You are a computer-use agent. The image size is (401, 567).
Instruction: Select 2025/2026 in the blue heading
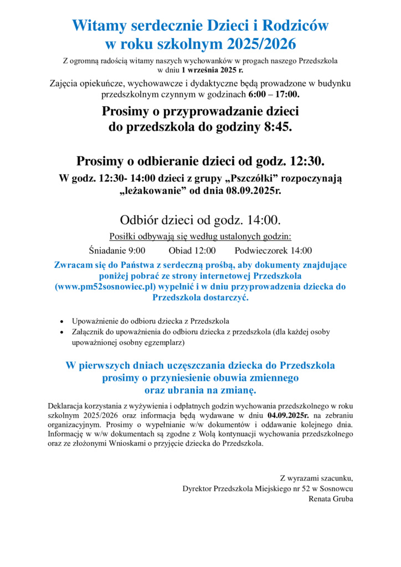[x=258, y=44]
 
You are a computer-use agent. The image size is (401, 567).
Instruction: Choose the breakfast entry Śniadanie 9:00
[x=117, y=250]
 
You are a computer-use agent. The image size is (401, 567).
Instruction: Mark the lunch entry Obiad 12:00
[x=192, y=250]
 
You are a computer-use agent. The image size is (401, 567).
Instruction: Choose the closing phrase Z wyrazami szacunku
[x=316, y=478]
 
